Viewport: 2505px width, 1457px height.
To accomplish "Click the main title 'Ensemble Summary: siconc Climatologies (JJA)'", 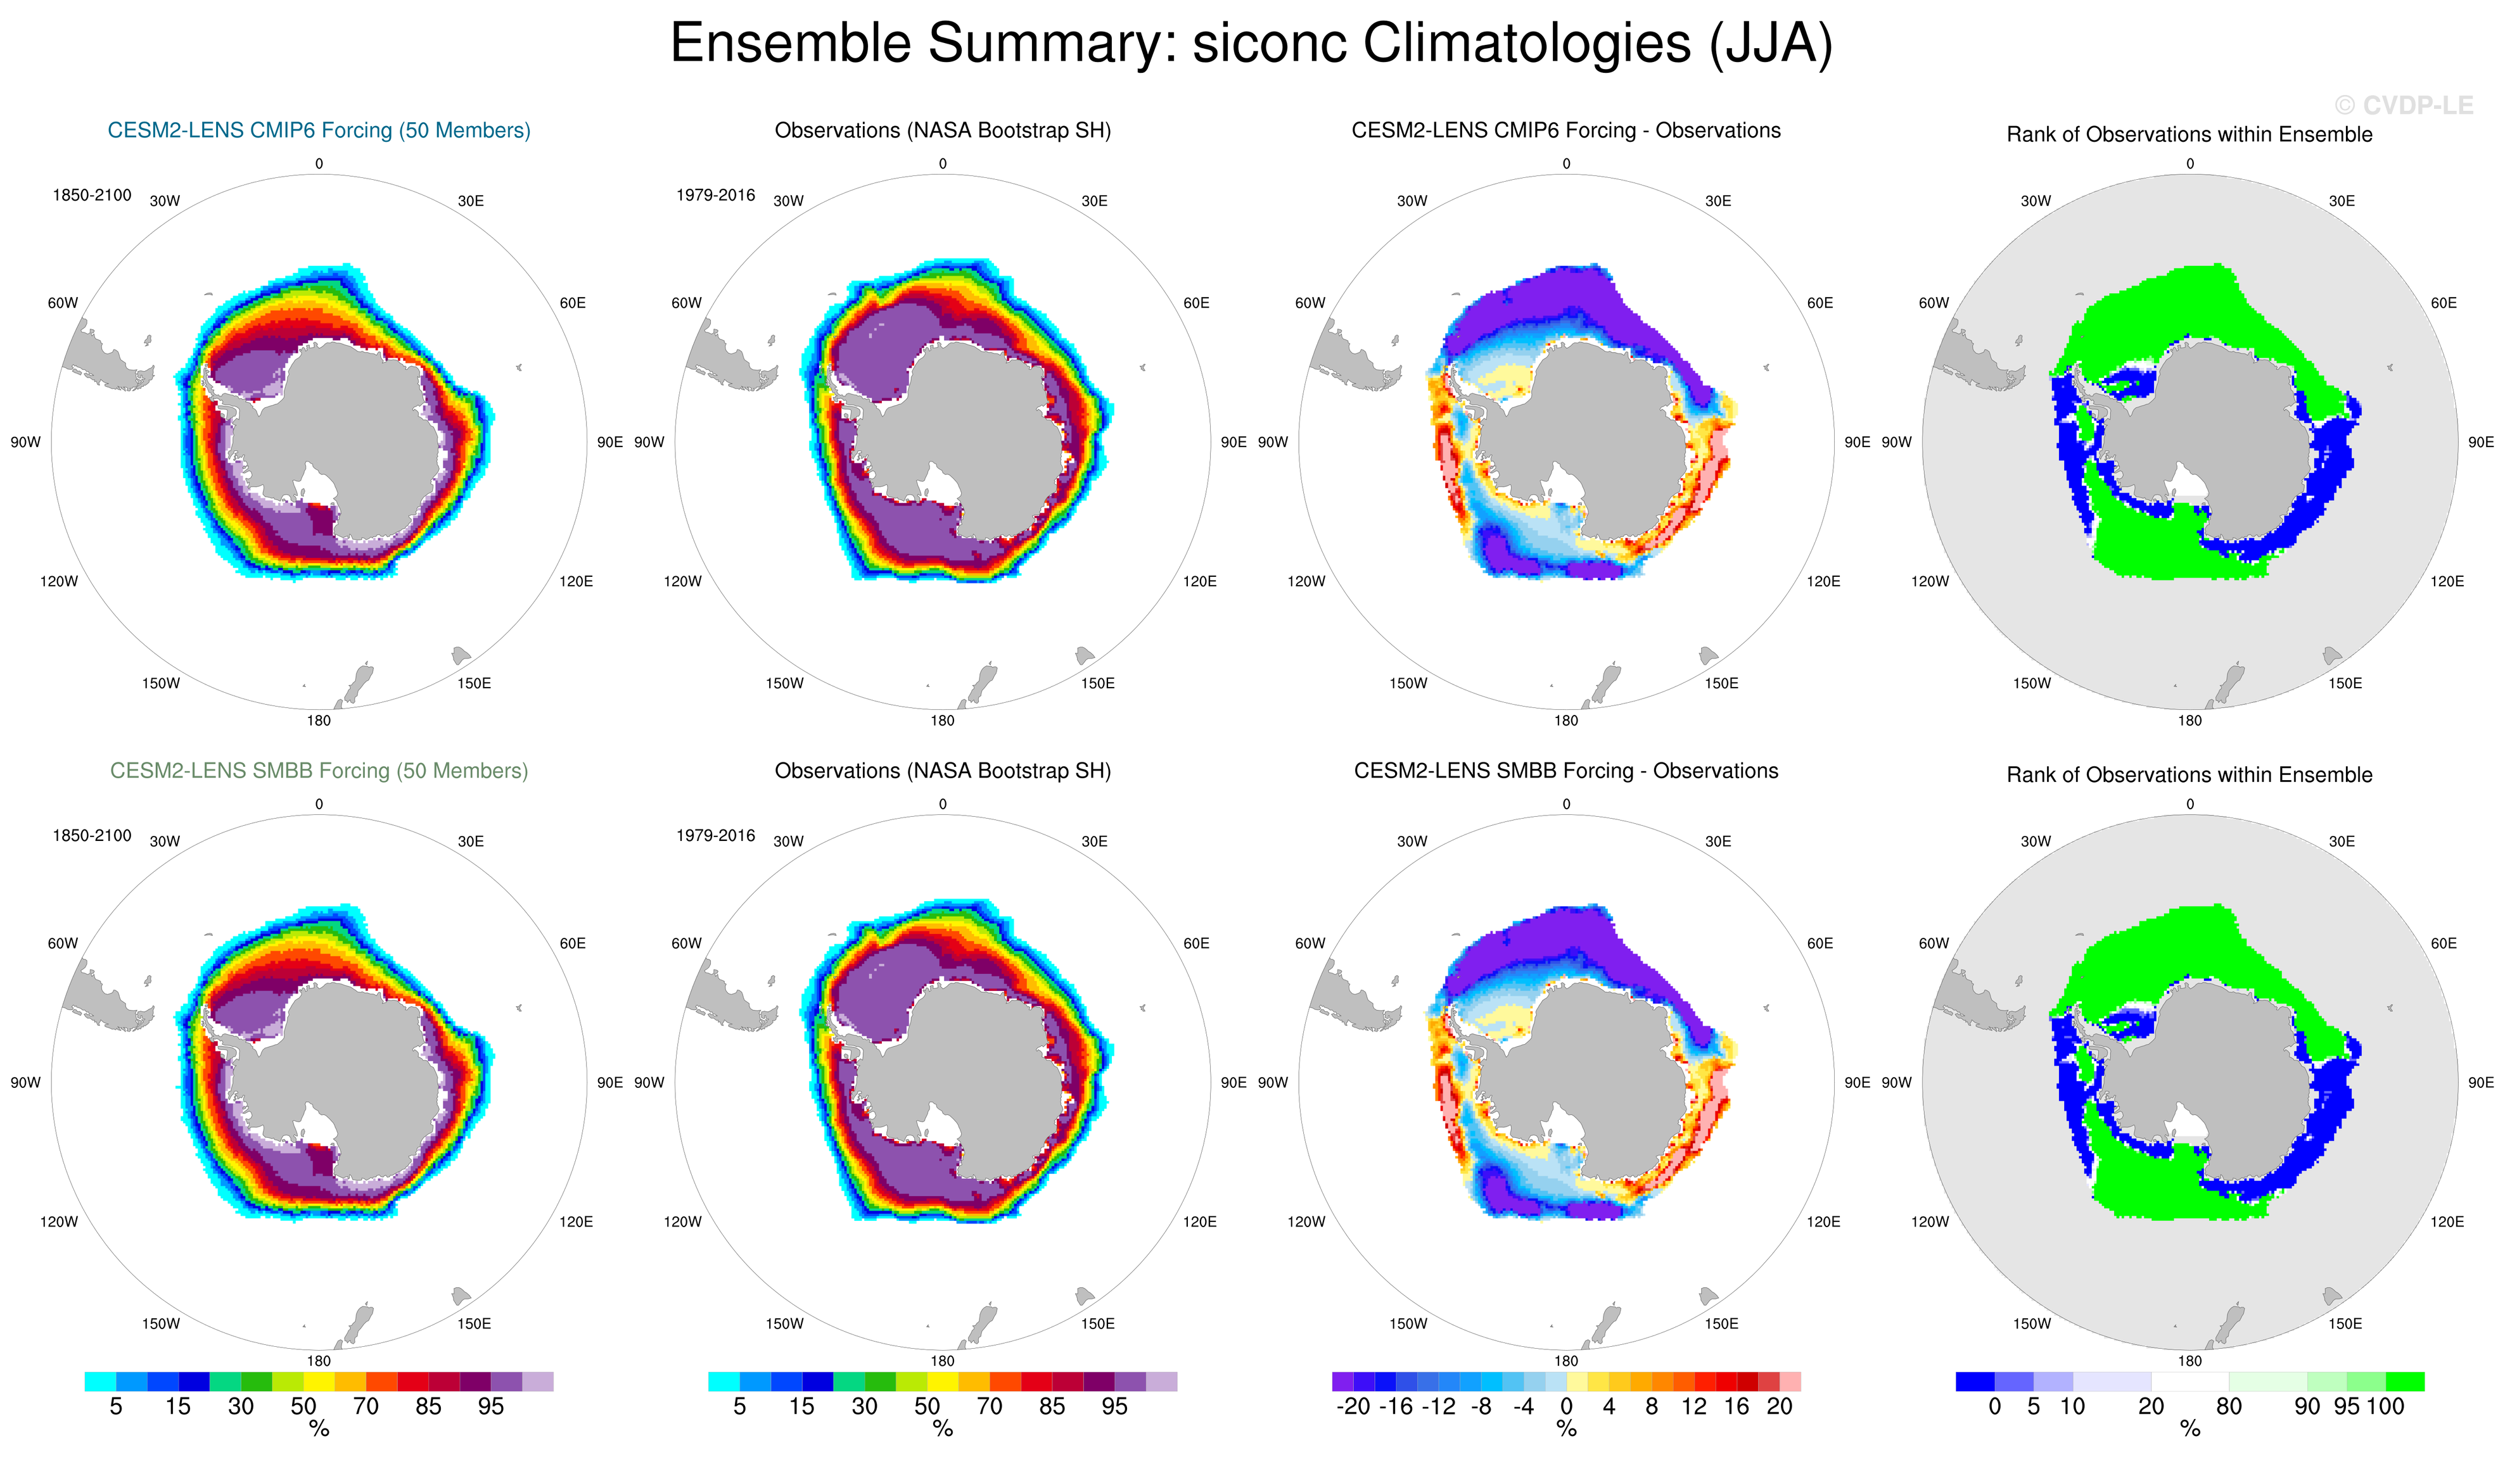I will (1251, 44).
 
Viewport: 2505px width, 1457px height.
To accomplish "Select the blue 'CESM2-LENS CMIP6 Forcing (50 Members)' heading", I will (319, 130).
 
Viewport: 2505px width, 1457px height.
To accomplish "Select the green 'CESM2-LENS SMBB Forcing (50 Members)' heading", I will (319, 770).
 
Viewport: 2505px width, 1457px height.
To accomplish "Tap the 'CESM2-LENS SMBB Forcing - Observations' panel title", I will (1565, 770).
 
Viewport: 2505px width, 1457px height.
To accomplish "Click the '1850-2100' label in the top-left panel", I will (91, 195).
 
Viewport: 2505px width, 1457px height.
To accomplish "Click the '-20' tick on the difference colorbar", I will (1353, 1406).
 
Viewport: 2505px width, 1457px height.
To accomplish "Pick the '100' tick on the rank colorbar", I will (2385, 1406).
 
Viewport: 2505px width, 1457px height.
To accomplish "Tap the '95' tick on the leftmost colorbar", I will (491, 1406).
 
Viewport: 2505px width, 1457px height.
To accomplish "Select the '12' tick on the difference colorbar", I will (1694, 1406).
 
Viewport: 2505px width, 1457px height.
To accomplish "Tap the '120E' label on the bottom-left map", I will (575, 1221).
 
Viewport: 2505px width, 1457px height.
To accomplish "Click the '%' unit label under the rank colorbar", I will (2190, 1429).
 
